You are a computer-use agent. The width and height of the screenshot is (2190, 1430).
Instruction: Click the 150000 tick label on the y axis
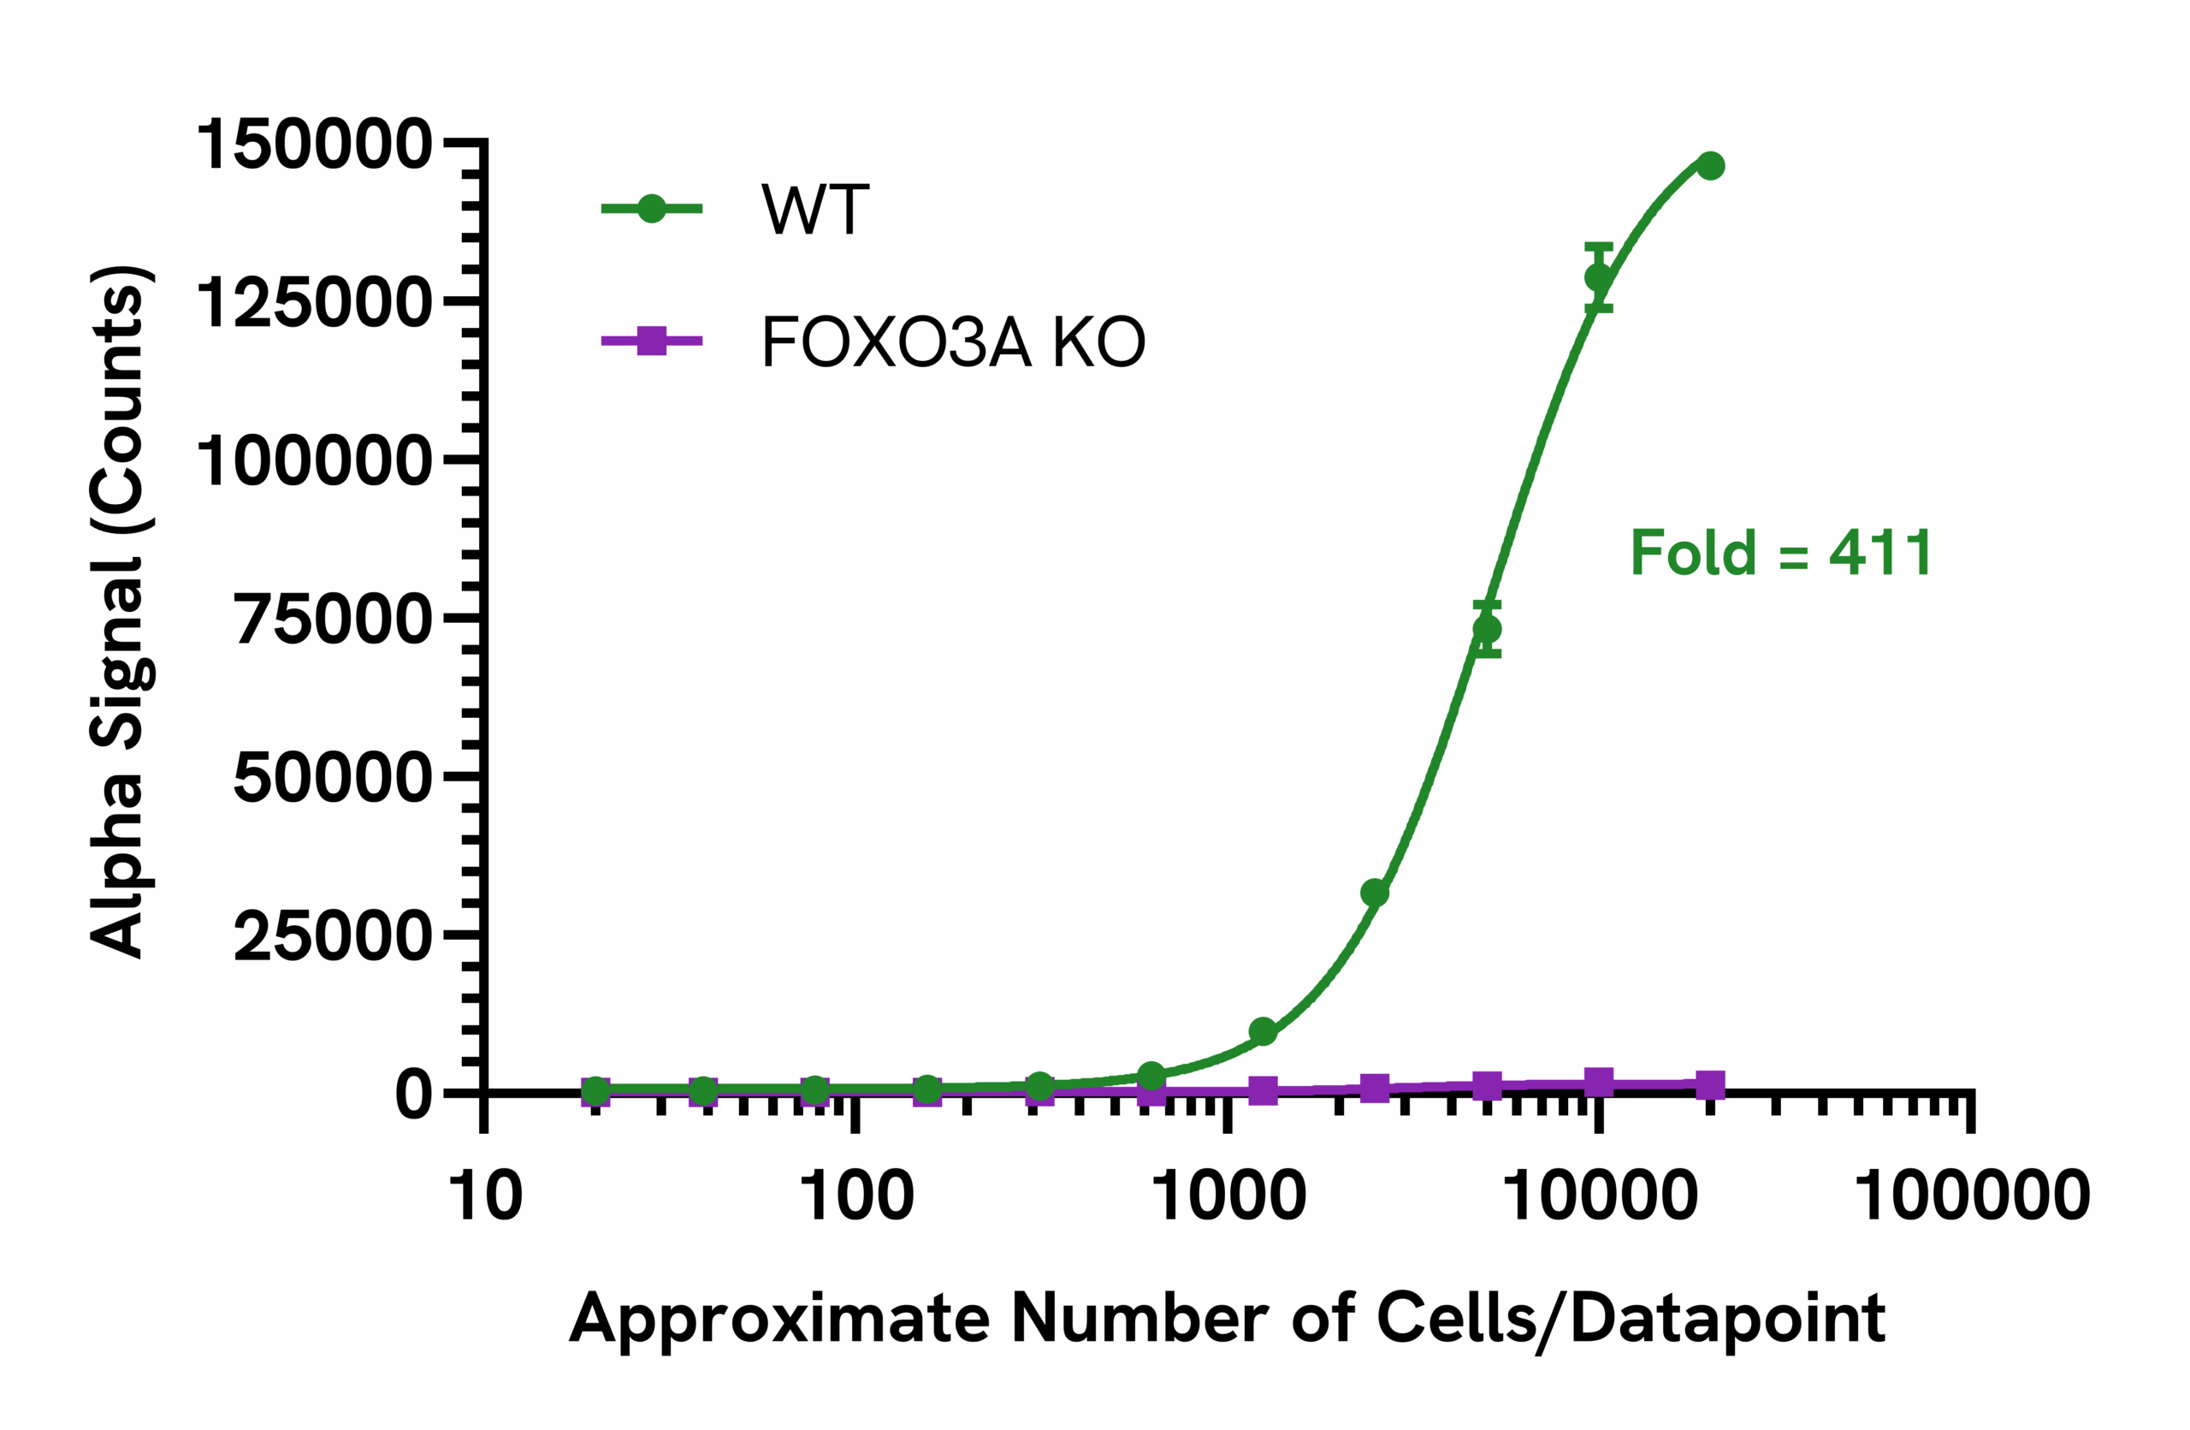(313, 145)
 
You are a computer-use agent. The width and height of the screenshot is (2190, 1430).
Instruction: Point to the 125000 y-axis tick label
(313, 303)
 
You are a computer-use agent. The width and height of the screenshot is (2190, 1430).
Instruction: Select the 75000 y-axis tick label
(332, 620)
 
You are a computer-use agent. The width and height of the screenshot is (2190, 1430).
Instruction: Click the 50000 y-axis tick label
(332, 778)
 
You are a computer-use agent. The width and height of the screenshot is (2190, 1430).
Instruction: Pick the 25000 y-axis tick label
(332, 936)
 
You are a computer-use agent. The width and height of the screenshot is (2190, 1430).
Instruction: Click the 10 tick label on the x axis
(485, 1196)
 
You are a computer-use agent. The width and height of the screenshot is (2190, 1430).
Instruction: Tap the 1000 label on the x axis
(1228, 1196)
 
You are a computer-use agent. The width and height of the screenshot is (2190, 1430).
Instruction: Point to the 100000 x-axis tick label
(1972, 1196)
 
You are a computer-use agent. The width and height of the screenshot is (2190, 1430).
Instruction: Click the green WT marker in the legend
(652, 209)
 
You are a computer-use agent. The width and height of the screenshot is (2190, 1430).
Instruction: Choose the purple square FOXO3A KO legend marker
(652, 341)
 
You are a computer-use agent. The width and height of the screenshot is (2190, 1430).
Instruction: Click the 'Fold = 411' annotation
(1780, 553)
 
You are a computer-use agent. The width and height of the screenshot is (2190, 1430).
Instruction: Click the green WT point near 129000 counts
(1599, 277)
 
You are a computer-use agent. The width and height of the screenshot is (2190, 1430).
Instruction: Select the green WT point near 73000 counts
(1487, 629)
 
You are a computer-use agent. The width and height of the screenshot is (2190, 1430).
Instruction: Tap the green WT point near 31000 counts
(1375, 893)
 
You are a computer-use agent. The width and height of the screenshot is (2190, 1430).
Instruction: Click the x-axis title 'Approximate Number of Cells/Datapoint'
(1228, 1320)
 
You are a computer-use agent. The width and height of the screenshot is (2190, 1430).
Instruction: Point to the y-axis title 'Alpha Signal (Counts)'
(118, 612)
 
